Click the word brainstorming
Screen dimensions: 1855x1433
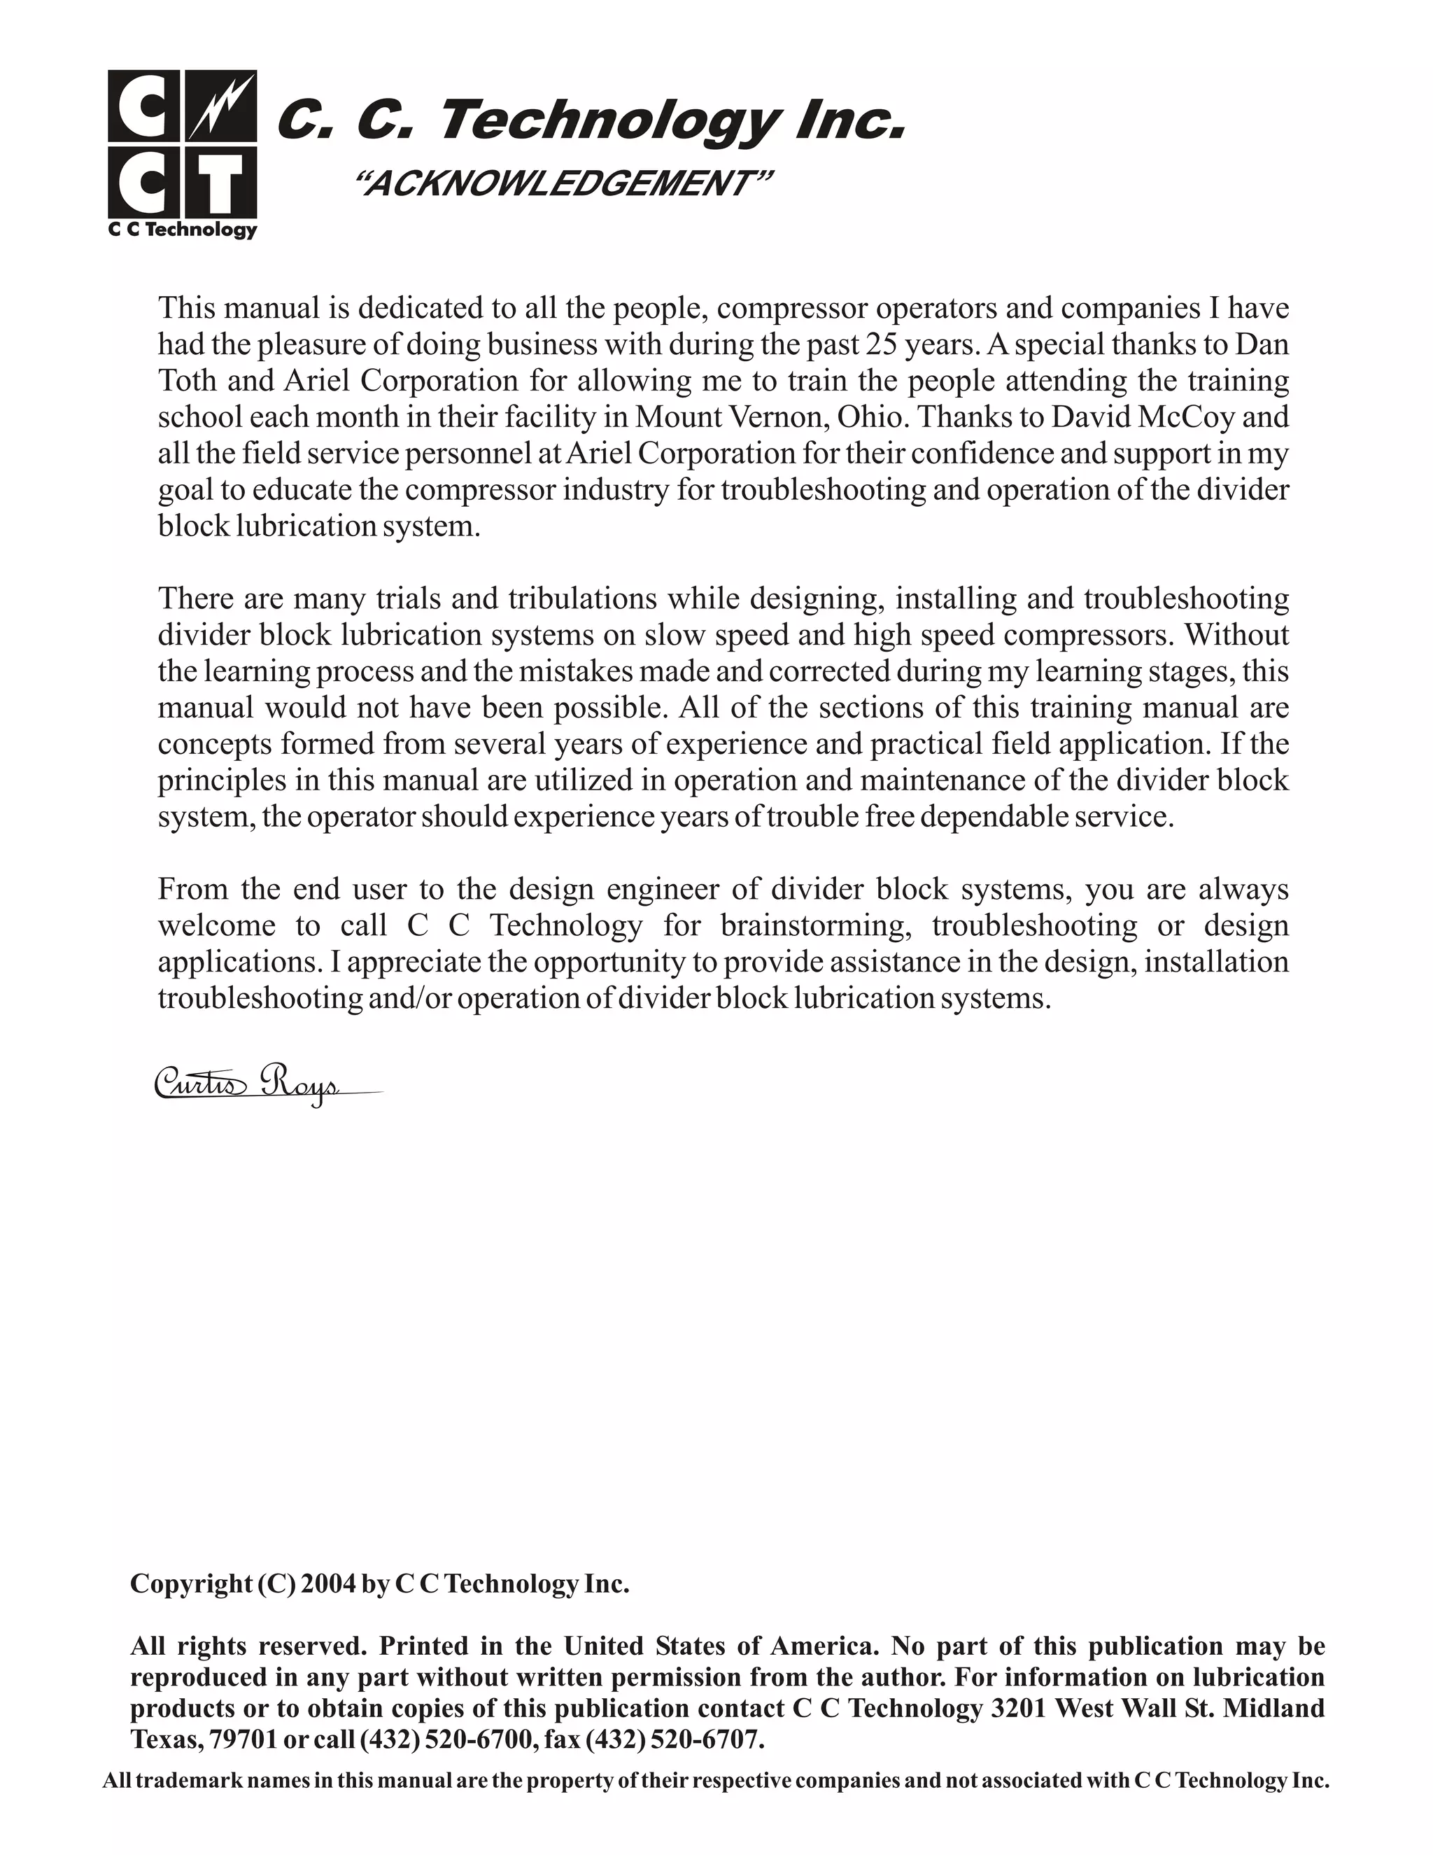(x=816, y=925)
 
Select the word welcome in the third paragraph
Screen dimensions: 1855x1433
(x=216, y=925)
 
